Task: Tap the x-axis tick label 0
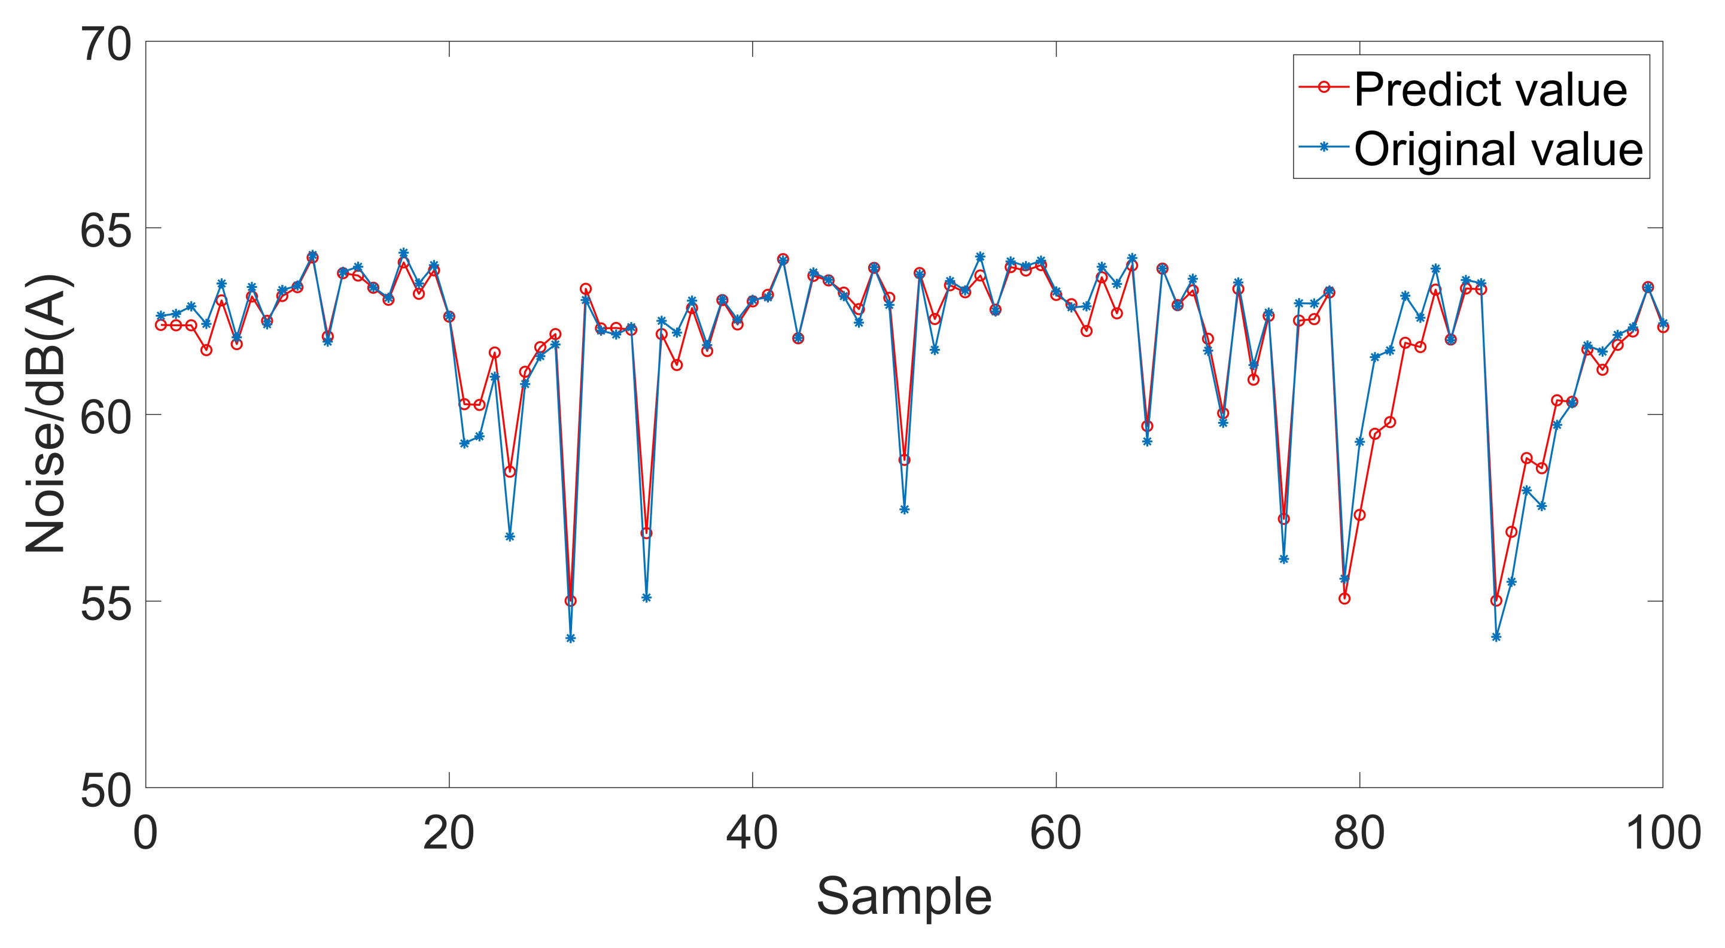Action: (x=145, y=834)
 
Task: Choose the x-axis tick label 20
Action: (x=449, y=834)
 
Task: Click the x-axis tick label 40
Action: (x=752, y=834)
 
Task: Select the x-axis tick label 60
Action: (x=1056, y=834)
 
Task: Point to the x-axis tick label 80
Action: (x=1359, y=834)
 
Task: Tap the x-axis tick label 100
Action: (x=1663, y=834)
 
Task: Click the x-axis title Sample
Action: (x=904, y=897)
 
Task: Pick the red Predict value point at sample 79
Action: (x=1344, y=598)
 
